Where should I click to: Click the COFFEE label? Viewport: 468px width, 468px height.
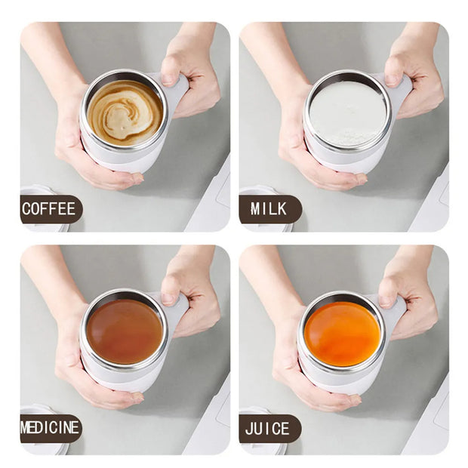pyautogui.click(x=49, y=209)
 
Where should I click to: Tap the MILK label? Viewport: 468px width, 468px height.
pyautogui.click(x=269, y=209)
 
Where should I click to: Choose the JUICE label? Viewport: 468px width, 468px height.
pyautogui.click(x=268, y=429)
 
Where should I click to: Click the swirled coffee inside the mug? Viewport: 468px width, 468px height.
pyautogui.click(x=125, y=112)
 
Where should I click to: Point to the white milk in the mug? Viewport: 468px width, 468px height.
pyautogui.click(x=347, y=113)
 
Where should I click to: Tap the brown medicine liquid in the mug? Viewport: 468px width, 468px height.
pyautogui.click(x=125, y=331)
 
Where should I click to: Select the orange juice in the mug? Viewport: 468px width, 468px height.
pyautogui.click(x=343, y=334)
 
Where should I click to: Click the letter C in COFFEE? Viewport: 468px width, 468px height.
pyautogui.click(x=27, y=209)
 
